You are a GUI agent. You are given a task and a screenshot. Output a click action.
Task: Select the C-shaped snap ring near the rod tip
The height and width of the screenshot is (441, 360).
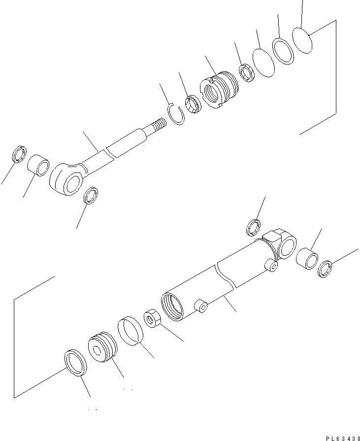tap(176, 114)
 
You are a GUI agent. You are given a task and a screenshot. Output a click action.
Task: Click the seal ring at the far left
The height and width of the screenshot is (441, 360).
tap(19, 154)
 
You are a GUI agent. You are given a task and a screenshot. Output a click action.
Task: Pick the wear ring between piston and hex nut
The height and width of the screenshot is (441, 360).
tap(131, 329)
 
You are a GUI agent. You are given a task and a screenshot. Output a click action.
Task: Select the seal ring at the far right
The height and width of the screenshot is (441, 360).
tap(325, 269)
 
